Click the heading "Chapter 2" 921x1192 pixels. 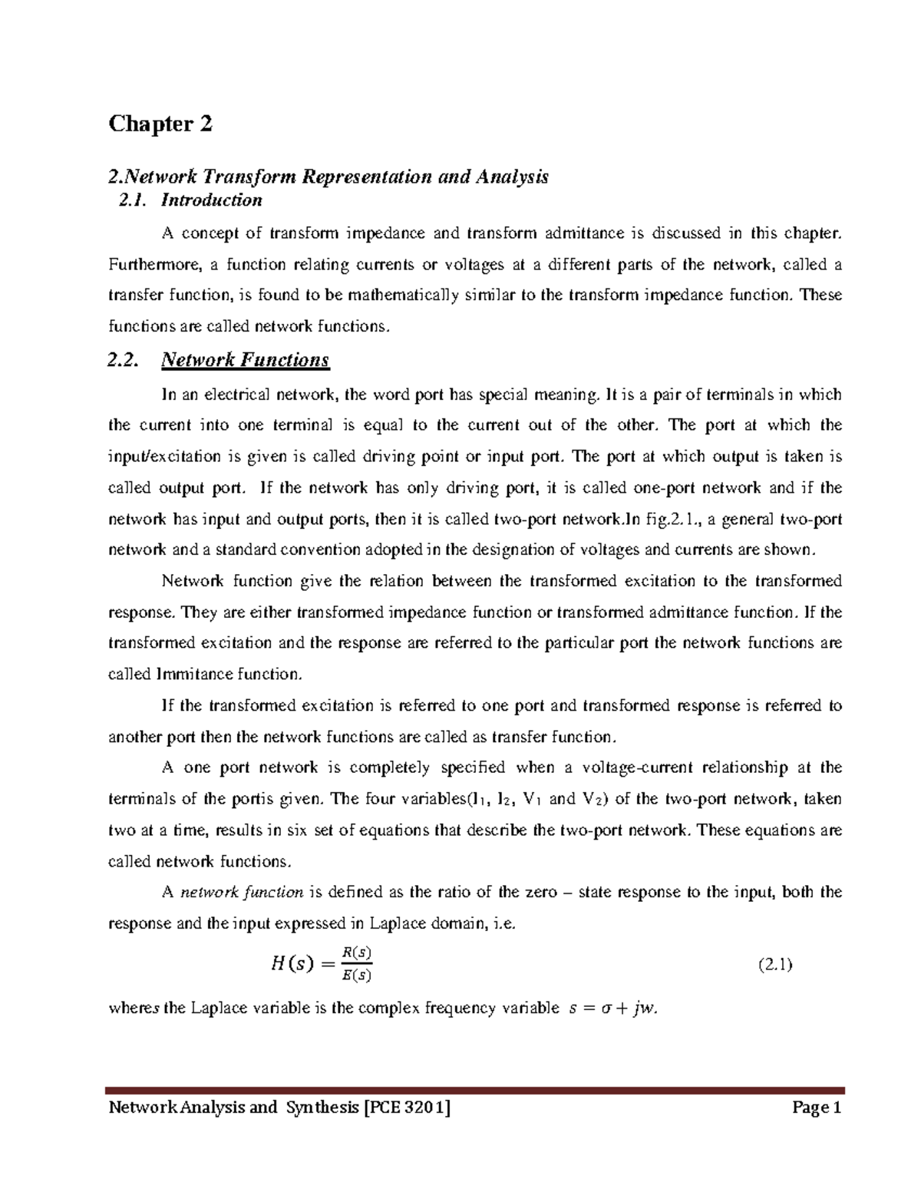coord(160,124)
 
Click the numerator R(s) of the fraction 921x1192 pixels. coord(356,953)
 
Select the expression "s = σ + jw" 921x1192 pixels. coord(611,1009)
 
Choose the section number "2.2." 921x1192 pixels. coord(124,360)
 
